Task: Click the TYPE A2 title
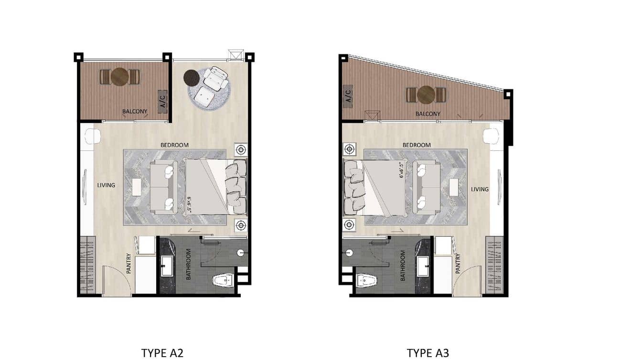coord(162,353)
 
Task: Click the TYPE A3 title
coord(428,353)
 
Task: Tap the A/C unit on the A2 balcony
coord(162,102)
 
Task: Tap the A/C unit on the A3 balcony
coord(348,96)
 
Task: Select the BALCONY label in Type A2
coord(135,111)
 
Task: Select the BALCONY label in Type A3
coord(428,114)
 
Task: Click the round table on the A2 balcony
coord(119,77)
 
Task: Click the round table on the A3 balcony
coord(426,95)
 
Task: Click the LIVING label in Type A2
coord(106,185)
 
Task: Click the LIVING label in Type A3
coord(480,189)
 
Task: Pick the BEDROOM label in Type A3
coord(417,145)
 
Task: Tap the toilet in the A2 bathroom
coord(224,280)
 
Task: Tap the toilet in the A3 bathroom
coord(367,281)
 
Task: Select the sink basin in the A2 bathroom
coord(167,266)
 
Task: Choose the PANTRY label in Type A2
coord(128,264)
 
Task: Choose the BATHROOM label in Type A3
coord(403,265)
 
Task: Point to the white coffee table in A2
coord(137,187)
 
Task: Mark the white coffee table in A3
coord(454,187)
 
